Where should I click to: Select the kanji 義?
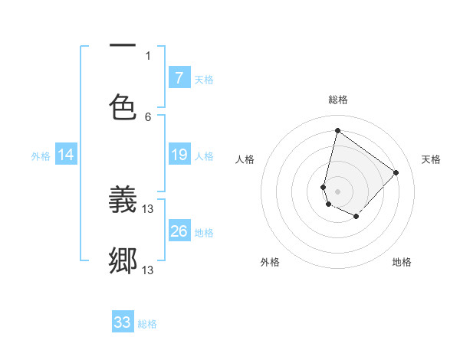(123, 201)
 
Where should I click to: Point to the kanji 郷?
(123, 261)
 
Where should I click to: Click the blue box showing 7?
(179, 77)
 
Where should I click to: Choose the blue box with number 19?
(179, 155)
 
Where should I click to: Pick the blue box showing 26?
(179, 231)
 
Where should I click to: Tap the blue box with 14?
(66, 155)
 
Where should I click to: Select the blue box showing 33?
(123, 322)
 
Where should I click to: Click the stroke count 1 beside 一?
(148, 55)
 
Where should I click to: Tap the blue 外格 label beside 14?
(41, 156)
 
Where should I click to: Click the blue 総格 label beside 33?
(147, 324)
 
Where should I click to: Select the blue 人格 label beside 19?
(204, 156)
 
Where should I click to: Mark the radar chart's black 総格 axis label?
(338, 100)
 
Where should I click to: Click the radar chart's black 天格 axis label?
(432, 159)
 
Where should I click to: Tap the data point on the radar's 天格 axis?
(396, 172)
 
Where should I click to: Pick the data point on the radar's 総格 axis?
(337, 130)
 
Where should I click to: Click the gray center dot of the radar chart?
(337, 191)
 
